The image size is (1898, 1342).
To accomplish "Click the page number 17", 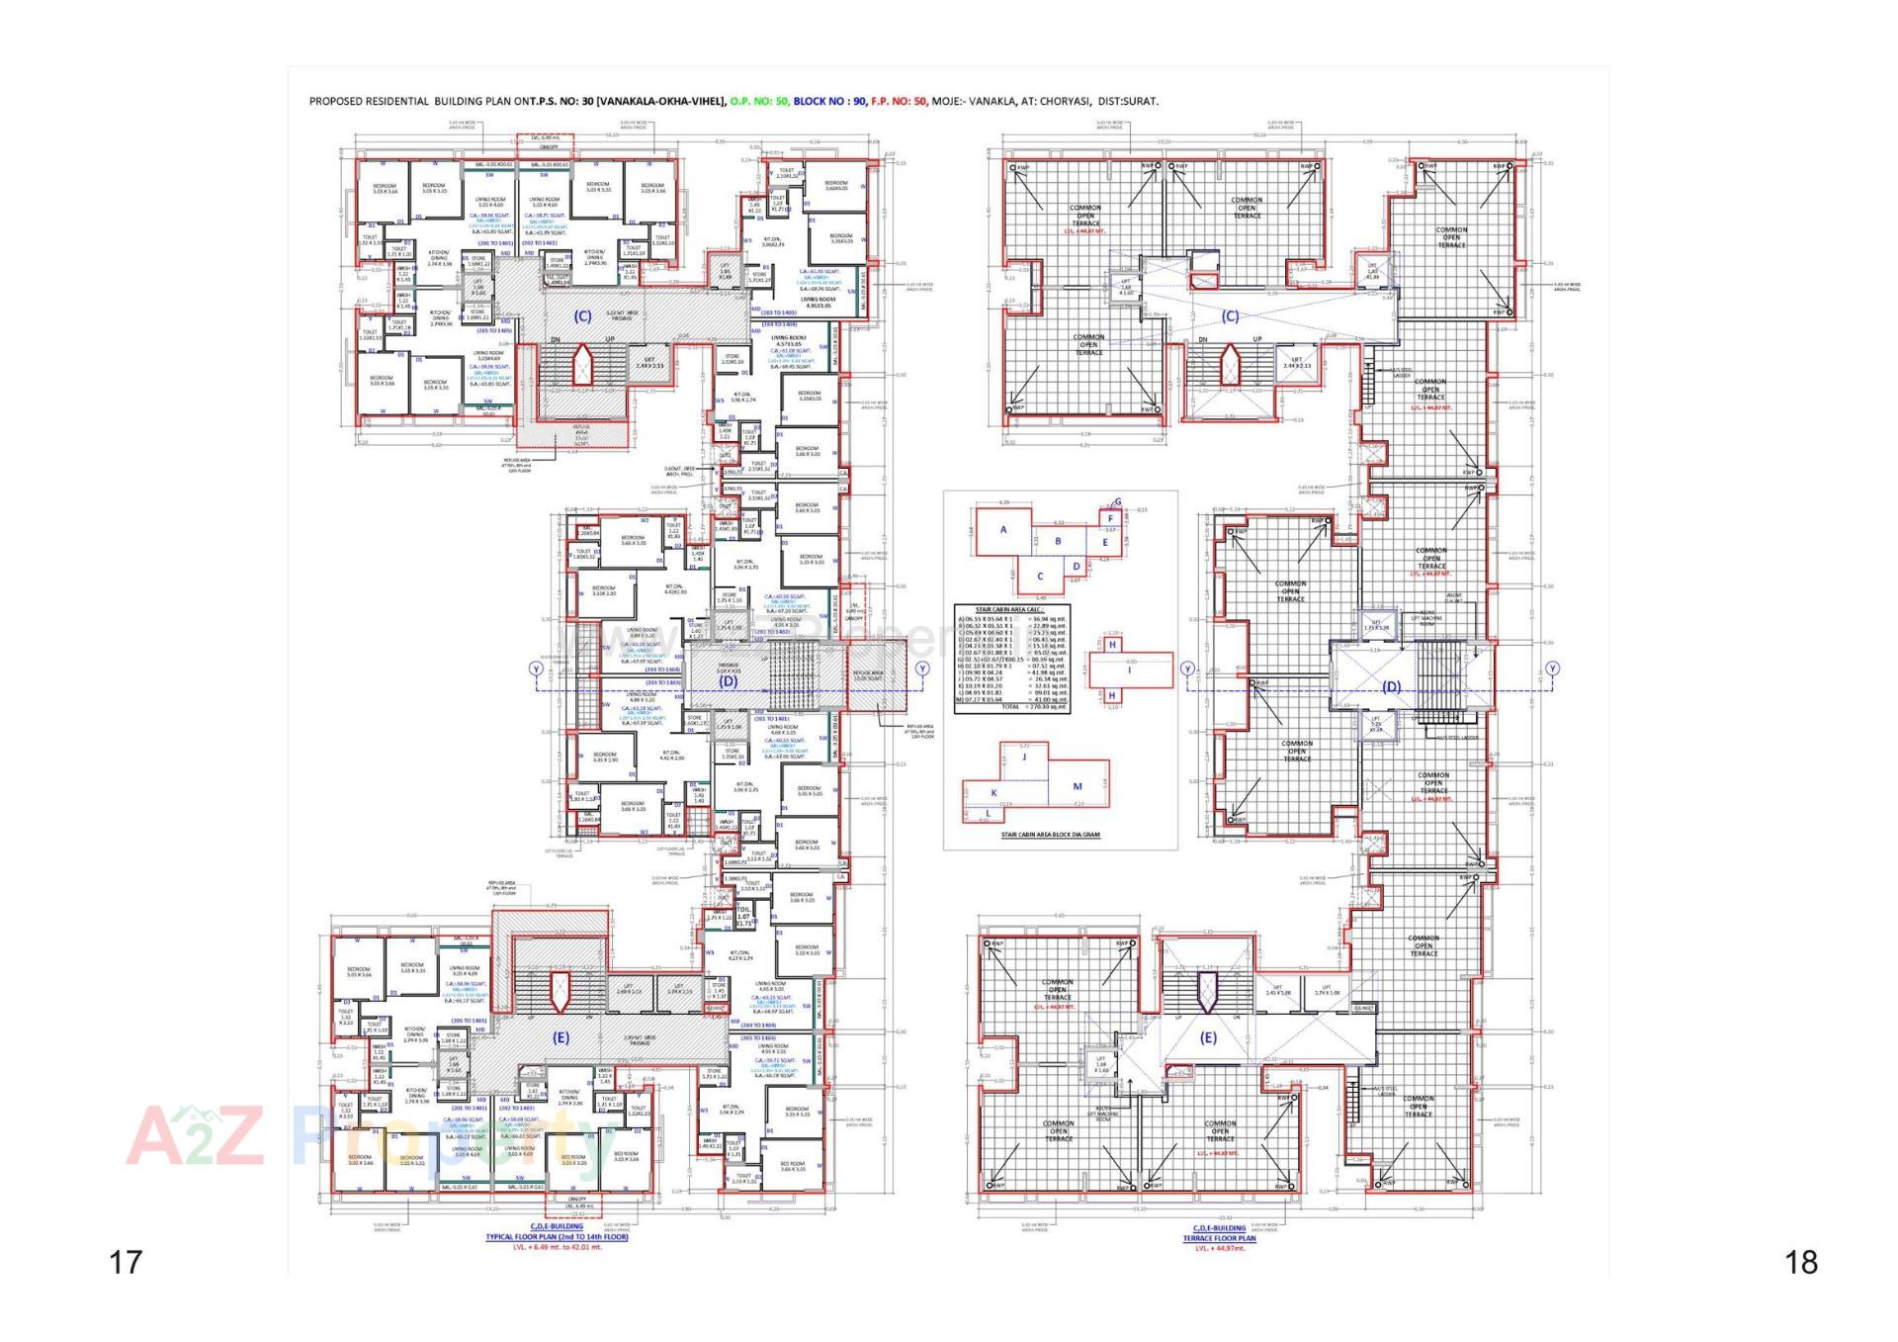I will point(126,1262).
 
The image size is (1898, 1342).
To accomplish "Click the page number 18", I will point(1801,1262).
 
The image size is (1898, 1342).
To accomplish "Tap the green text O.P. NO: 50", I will point(759,101).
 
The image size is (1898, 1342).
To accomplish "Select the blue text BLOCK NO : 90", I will point(830,101).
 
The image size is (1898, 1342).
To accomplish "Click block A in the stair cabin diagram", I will point(1003,530).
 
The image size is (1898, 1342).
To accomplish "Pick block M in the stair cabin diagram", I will point(1078,787).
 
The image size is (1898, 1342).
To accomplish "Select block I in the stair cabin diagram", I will point(1130,671).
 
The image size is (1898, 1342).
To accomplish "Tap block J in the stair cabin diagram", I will point(1025,757).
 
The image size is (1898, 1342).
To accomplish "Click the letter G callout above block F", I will point(1118,501).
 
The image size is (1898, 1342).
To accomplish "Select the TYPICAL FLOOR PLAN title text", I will point(557,1237).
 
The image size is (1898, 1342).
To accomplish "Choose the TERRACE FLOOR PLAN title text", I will point(1219,1238).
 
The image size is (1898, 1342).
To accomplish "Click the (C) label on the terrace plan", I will point(1230,317).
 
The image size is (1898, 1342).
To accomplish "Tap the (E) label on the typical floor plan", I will point(561,1037).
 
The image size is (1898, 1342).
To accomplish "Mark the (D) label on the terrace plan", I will point(1391,686).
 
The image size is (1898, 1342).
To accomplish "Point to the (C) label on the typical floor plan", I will point(582,316).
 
